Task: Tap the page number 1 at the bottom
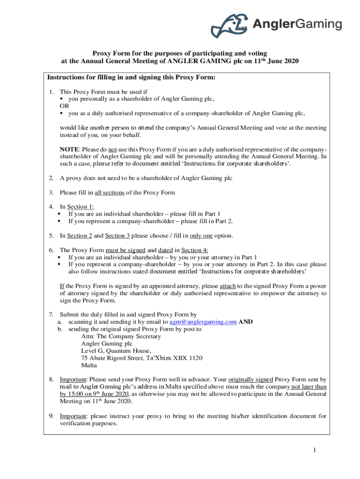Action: tap(315, 450)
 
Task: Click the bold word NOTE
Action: tap(69, 149)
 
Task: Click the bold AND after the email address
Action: tap(245, 322)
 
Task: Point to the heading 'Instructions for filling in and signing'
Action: tap(131, 78)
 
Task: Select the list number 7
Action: tap(51, 315)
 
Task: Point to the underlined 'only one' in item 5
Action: tap(202, 236)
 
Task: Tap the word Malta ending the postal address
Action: tap(89, 365)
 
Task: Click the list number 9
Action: tap(51, 416)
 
